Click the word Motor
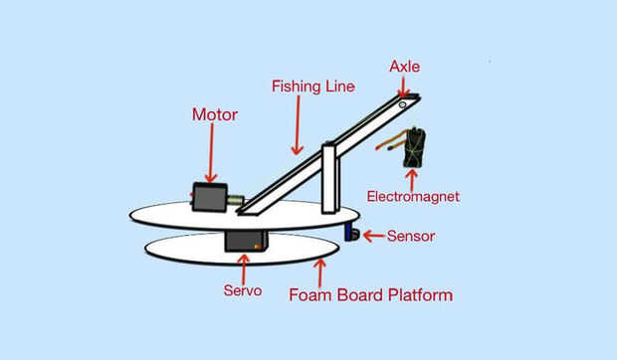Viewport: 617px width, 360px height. (x=215, y=114)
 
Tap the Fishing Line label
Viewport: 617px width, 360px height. (x=313, y=87)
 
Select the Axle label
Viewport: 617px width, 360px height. (x=404, y=67)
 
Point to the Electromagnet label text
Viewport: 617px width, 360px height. (x=413, y=197)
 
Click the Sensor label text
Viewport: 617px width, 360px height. (x=411, y=236)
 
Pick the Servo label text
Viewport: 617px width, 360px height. (x=243, y=290)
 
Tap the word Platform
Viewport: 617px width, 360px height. (x=420, y=295)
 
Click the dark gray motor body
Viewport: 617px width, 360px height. (x=209, y=197)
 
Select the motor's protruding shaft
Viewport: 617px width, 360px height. (x=235, y=200)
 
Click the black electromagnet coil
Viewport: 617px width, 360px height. (x=414, y=147)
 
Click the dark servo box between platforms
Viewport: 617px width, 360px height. (x=247, y=242)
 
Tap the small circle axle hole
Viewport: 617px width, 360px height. (x=402, y=105)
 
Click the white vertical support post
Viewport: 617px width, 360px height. (x=331, y=178)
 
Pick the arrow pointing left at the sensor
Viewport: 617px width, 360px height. (x=374, y=236)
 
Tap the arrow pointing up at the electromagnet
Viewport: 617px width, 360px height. (x=412, y=180)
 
